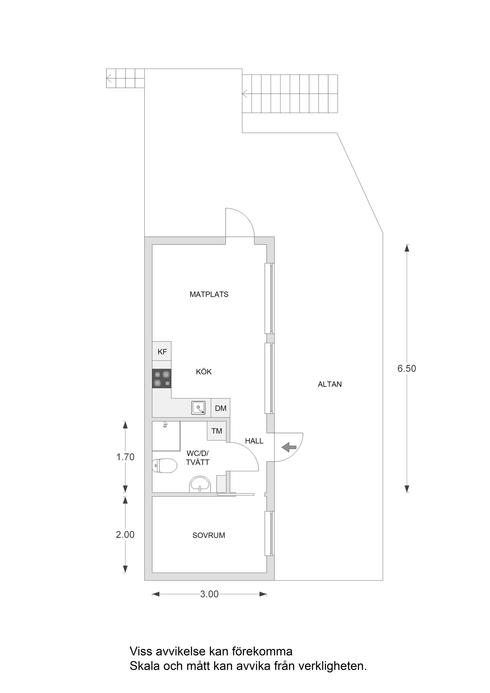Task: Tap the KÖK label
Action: (204, 372)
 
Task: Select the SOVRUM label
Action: (209, 536)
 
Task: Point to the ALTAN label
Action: (330, 384)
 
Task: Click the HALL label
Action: (254, 441)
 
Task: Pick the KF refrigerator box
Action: (162, 351)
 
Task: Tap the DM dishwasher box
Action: (221, 408)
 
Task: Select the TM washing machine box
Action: (216, 431)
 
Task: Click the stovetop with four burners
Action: (162, 379)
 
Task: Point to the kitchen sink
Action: (198, 408)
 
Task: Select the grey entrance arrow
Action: (289, 447)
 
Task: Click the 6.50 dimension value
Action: (407, 368)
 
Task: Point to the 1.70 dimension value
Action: (125, 457)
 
